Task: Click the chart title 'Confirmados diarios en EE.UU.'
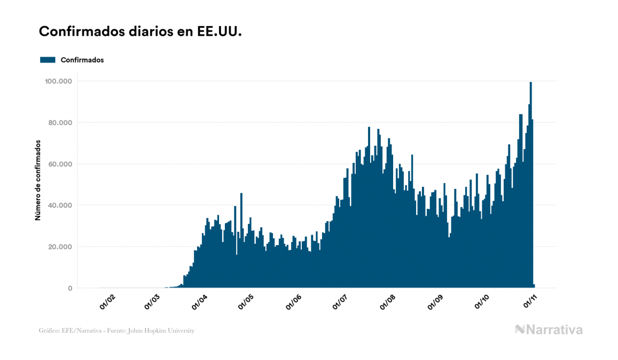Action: [140, 32]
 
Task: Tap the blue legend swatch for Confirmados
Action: [48, 60]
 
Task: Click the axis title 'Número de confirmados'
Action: [38, 180]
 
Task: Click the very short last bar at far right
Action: [534, 286]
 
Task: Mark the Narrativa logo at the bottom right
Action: [549, 330]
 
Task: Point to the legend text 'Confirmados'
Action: [82, 60]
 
